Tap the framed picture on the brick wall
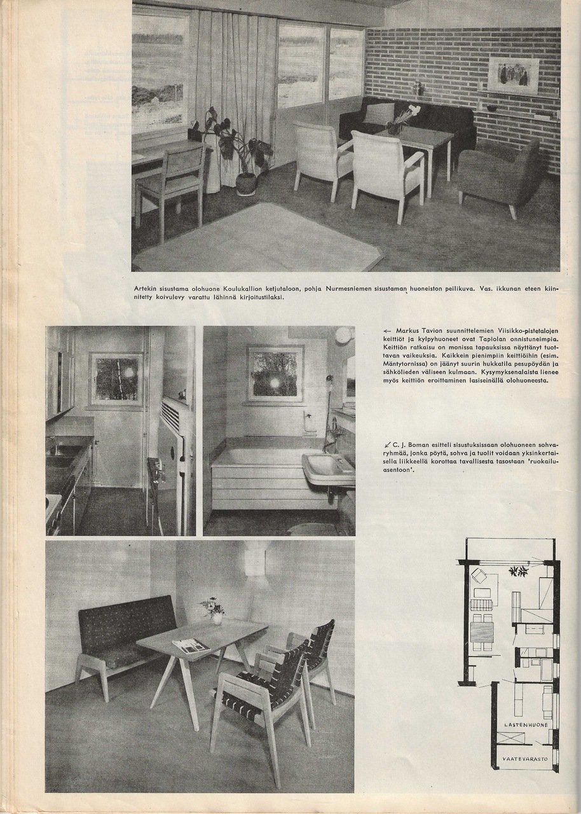coord(514,75)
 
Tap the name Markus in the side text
coord(409,331)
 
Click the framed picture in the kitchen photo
coord(116,379)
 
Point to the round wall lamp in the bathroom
coord(344,335)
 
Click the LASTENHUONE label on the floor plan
coord(526,724)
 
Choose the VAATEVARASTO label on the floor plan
coord(525,759)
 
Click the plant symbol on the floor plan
coord(519,570)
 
